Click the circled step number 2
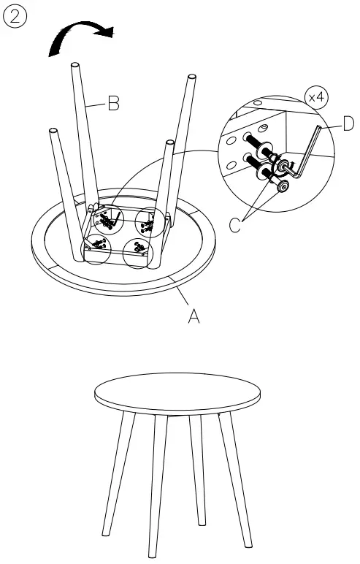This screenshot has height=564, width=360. (15, 16)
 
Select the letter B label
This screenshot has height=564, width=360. (113, 104)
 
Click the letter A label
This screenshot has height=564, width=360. (194, 317)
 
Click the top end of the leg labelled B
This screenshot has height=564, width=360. (74, 67)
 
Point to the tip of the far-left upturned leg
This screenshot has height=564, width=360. (53, 132)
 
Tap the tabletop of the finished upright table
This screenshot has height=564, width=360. (178, 395)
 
